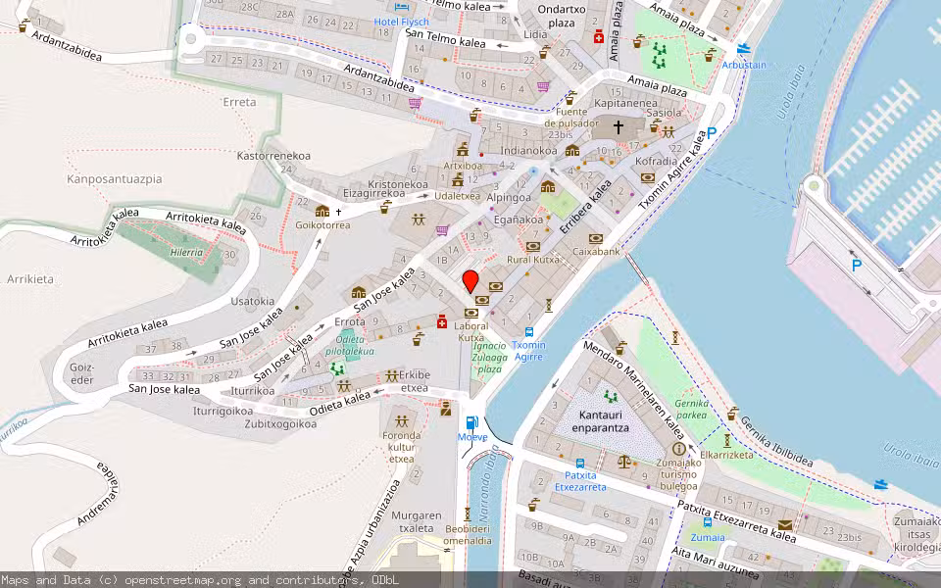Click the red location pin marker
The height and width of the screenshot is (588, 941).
[x=470, y=280]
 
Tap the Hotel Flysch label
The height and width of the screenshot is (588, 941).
[x=402, y=22]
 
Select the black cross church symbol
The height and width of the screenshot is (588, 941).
[x=619, y=127]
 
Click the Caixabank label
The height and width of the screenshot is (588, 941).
[x=596, y=252]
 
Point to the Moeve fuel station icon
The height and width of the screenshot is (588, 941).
[x=472, y=422]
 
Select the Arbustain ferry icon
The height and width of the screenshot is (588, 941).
[x=743, y=48]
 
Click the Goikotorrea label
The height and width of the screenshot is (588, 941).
[x=322, y=224]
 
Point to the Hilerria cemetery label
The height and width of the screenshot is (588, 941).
[x=185, y=252]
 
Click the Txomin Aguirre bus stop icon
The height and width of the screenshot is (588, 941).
[x=529, y=332]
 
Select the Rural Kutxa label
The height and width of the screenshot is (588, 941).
[x=533, y=260]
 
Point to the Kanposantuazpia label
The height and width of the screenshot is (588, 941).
[x=114, y=179]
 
